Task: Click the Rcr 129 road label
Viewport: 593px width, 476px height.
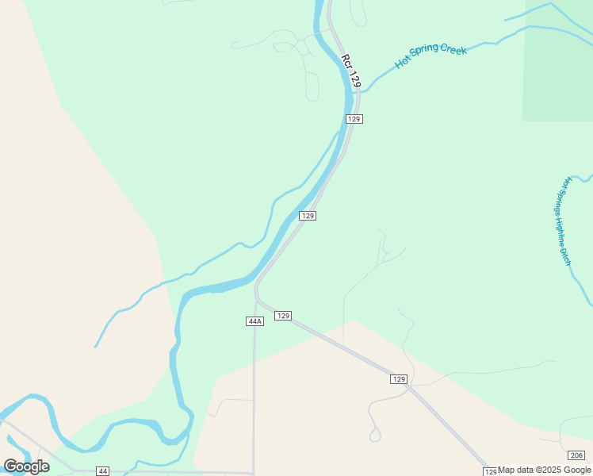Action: pyautogui.click(x=350, y=71)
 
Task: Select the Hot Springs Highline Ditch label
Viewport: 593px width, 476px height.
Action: pyautogui.click(x=564, y=221)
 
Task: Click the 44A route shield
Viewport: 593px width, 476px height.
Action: pyautogui.click(x=254, y=321)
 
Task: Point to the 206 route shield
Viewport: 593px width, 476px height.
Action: pyautogui.click(x=576, y=455)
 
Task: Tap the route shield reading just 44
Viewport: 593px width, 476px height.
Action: pyautogui.click(x=102, y=471)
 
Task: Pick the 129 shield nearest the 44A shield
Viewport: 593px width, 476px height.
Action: pyautogui.click(x=283, y=316)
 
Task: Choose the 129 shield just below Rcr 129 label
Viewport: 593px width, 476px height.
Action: pyautogui.click(x=354, y=119)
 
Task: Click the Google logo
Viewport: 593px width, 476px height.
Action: pyautogui.click(x=26, y=466)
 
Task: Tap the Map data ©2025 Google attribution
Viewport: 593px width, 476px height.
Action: pyautogui.click(x=544, y=470)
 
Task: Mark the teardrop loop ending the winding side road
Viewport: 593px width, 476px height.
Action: pyautogui.click(x=375, y=435)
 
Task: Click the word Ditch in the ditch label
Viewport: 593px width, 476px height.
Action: pyautogui.click(x=566, y=255)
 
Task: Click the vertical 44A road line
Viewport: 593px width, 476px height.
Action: pyautogui.click(x=254, y=381)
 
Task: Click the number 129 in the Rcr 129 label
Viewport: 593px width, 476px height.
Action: pyautogui.click(x=354, y=79)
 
